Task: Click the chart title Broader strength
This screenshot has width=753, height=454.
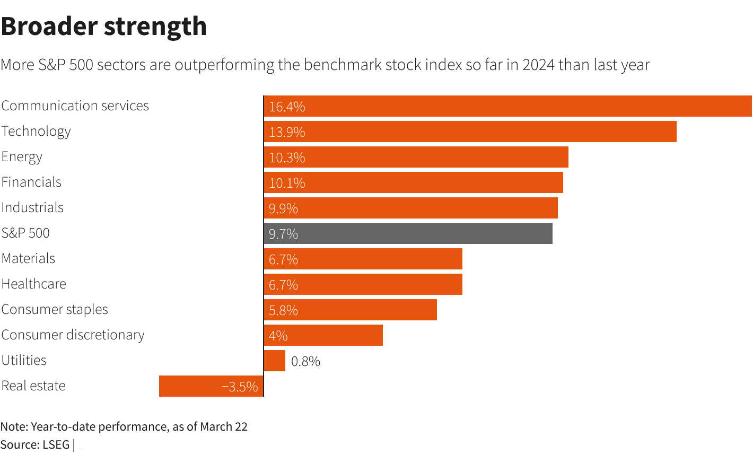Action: pos(104,27)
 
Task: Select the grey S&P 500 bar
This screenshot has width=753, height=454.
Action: pos(408,233)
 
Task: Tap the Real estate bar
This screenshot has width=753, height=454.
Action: pos(211,386)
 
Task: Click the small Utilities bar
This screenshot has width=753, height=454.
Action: pos(275,361)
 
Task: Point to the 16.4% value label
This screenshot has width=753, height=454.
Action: pos(287,107)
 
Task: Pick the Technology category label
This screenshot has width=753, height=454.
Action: pos(36,132)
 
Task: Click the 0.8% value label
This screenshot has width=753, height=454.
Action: pos(305,361)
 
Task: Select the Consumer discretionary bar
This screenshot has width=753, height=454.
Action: pos(323,335)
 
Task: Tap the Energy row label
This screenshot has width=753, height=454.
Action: pos(22,157)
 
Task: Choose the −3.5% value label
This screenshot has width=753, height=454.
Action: pos(240,387)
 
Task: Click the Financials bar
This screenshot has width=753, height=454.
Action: pos(413,182)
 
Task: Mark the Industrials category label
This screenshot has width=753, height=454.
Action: pos(32,207)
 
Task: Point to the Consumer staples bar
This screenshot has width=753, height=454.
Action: pos(351,310)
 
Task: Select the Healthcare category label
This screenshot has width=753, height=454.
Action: pos(34,284)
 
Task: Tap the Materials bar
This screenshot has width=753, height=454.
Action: pos(363,259)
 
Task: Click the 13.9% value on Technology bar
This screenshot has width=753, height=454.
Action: pos(287,132)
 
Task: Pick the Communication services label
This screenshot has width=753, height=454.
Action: pos(75,106)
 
